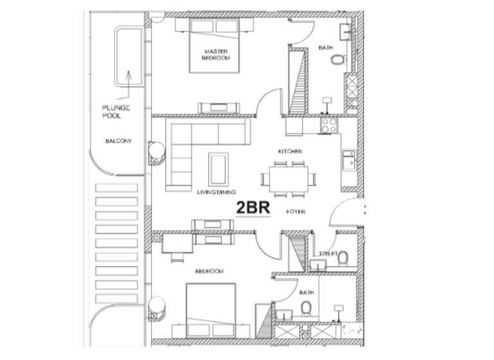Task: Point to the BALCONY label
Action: point(118,140)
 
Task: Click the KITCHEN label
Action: point(290,151)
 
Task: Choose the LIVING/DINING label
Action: point(216,192)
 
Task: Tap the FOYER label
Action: point(296,211)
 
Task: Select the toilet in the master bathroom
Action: point(337,60)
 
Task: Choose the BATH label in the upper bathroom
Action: point(326,47)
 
